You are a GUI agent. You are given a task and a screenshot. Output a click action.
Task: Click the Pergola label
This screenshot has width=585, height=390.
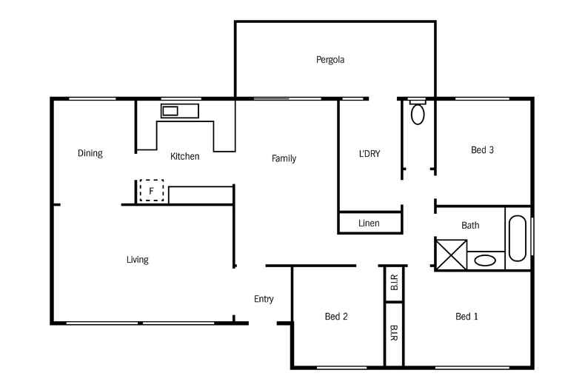click(x=330, y=60)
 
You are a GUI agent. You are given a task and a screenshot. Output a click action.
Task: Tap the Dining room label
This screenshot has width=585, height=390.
click(x=90, y=154)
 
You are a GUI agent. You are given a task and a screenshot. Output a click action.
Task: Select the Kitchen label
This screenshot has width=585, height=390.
click(x=184, y=156)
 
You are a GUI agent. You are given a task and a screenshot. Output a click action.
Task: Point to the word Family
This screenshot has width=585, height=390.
click(x=284, y=158)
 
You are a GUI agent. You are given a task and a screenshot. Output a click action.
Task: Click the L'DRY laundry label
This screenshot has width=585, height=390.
click(x=369, y=154)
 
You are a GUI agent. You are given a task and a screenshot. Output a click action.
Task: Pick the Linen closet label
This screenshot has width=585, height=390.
click(x=369, y=223)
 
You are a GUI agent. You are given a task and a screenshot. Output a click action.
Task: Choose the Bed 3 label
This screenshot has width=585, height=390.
click(x=482, y=150)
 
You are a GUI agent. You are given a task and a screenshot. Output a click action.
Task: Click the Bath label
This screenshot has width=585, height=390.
click(x=470, y=226)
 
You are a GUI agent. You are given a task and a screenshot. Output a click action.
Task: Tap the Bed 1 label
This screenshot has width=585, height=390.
click(x=467, y=317)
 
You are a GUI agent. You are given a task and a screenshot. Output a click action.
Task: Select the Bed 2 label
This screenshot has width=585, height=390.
click(x=336, y=317)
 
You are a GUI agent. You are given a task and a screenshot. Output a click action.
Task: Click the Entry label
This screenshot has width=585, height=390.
click(x=264, y=300)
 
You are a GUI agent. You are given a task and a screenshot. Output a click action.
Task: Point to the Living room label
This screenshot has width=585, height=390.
click(x=137, y=260)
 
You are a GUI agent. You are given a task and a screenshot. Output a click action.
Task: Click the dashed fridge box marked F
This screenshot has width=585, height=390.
click(x=152, y=191)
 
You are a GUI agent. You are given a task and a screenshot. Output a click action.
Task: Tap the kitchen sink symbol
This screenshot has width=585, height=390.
click(x=171, y=111)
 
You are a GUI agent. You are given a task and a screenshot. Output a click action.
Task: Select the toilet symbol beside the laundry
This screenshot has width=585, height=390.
click(x=418, y=114)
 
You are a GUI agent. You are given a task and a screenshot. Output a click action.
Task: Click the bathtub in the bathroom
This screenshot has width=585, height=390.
click(x=517, y=238)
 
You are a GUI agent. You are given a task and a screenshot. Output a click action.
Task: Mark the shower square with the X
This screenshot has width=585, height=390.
click(x=450, y=255)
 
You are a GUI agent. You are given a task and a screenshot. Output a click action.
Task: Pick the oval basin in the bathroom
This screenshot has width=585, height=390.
click(x=485, y=260)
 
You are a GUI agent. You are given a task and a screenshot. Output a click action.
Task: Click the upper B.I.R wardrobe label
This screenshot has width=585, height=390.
click(x=394, y=282)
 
